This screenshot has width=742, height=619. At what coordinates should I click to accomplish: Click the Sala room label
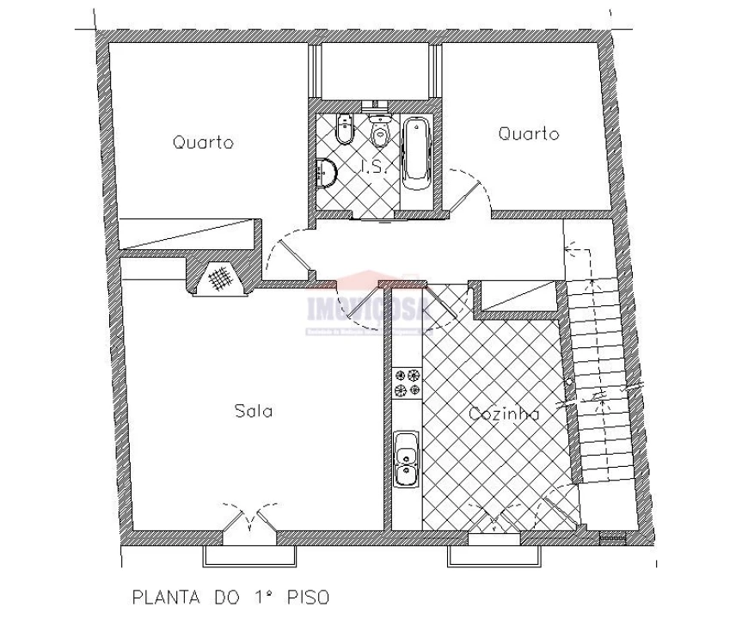pyautogui.click(x=254, y=411)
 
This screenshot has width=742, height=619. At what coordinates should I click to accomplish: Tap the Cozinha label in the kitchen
pyautogui.click(x=505, y=414)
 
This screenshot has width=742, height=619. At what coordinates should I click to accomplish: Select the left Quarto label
pyautogui.click(x=203, y=143)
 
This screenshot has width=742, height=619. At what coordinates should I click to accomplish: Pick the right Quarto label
pyautogui.click(x=529, y=134)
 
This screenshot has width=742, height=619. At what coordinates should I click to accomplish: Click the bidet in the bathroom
pyautogui.click(x=345, y=129)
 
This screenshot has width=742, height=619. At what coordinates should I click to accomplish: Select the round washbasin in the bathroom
pyautogui.click(x=327, y=173)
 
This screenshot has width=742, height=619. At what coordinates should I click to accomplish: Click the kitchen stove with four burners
pyautogui.click(x=408, y=383)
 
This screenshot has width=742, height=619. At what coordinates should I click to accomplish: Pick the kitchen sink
pyautogui.click(x=406, y=458)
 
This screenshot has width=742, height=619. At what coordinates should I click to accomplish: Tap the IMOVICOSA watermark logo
pyautogui.click(x=370, y=305)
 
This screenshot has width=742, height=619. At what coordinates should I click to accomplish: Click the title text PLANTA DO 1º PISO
pyautogui.click(x=230, y=596)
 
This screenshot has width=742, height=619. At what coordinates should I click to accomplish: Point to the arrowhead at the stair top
pyautogui.click(x=567, y=249)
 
